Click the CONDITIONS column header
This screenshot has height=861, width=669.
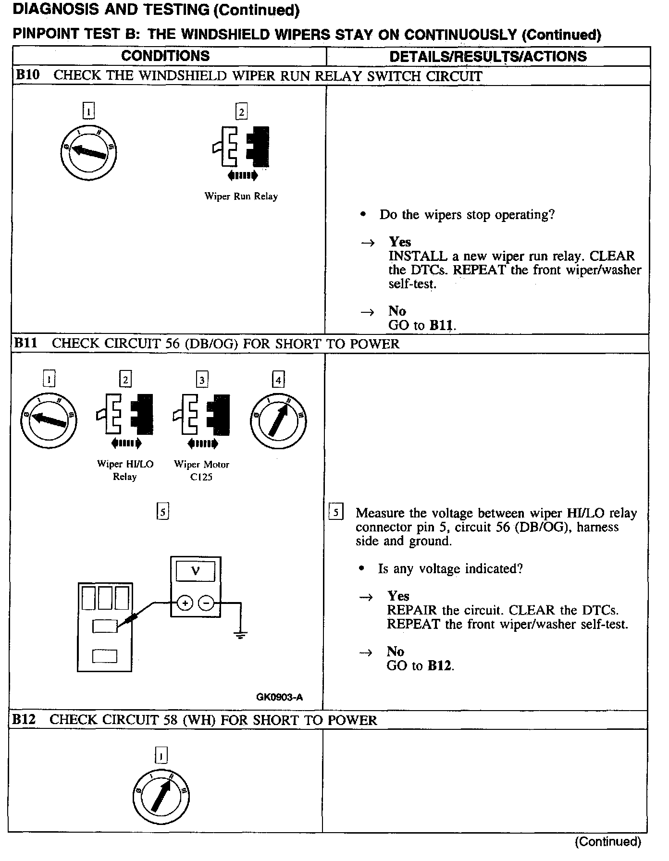click(x=165, y=56)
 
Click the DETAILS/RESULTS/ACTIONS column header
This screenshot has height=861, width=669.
click(x=488, y=56)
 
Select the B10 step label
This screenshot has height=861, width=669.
click(x=27, y=75)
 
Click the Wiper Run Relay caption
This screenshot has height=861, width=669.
click(x=241, y=196)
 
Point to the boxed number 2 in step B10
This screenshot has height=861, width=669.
click(x=241, y=112)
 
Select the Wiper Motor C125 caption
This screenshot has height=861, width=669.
click(x=201, y=470)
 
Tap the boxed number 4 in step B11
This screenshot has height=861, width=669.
click(x=278, y=380)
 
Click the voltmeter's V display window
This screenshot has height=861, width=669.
click(x=196, y=571)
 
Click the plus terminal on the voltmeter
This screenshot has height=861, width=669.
click(x=185, y=602)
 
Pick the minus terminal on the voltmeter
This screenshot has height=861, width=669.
click(x=207, y=602)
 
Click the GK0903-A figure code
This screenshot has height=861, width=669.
click(x=279, y=697)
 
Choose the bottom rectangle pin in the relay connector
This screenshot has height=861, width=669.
click(x=104, y=656)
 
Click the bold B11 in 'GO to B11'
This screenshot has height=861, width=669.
click(x=441, y=325)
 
